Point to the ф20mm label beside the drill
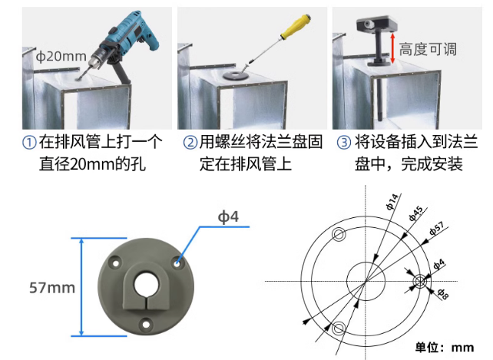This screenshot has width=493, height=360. pyautogui.click(x=61, y=57)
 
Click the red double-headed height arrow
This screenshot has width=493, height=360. pyautogui.click(x=392, y=48)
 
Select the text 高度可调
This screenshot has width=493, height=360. pyautogui.click(x=428, y=50)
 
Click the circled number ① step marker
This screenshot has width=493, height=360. pyautogui.click(x=29, y=143)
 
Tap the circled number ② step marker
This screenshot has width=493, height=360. pyautogui.click(x=190, y=143)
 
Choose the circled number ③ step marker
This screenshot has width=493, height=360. pyautogui.click(x=344, y=143)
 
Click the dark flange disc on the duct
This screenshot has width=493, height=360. pyautogui.click(x=235, y=76)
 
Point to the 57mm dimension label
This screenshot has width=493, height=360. pyautogui.click(x=52, y=288)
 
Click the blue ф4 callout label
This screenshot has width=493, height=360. pyautogui.click(x=228, y=216)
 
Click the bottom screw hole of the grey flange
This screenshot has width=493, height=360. pyautogui.click(x=146, y=325)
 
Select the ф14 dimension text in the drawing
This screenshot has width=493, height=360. pyautogui.click(x=392, y=202)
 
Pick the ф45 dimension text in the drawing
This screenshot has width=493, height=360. pyautogui.click(x=415, y=213)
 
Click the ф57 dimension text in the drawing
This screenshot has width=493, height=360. pyautogui.click(x=437, y=229)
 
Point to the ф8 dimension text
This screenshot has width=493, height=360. pyautogui.click(x=443, y=294)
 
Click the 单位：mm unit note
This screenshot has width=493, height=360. pyautogui.click(x=445, y=348)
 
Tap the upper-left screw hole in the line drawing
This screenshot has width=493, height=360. pyautogui.click(x=339, y=234)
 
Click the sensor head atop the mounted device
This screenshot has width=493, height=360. pyautogui.click(x=377, y=24)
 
